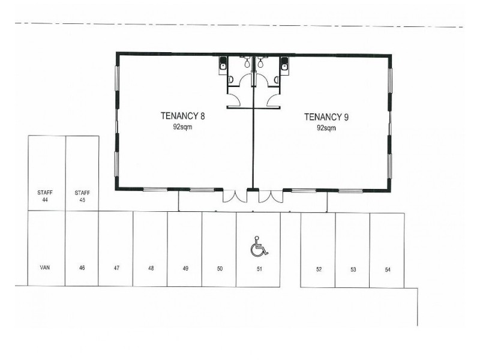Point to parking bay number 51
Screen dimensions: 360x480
259,269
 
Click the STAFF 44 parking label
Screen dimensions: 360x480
45,196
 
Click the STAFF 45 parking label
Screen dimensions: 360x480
82,196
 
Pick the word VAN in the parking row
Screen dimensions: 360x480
45,269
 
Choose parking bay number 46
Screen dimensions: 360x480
82,269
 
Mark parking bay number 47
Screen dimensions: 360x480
116,269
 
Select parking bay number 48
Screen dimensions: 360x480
151,269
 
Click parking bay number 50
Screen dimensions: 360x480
220,269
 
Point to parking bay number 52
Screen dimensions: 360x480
319,269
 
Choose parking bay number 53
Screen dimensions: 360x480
353,269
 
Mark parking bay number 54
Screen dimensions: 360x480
388,269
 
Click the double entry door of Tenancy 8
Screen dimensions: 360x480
236,196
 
